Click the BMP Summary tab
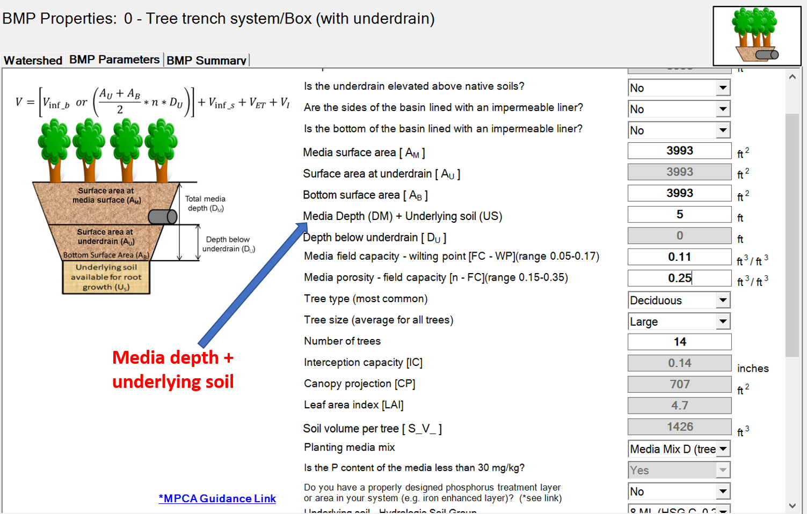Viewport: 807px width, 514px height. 206,60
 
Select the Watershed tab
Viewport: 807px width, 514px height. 33,60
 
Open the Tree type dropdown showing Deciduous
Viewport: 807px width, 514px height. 723,300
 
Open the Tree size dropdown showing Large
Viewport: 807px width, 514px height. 723,321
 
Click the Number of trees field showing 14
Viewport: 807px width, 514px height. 679,342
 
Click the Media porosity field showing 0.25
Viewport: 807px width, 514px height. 679,278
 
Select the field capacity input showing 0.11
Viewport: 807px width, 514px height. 679,257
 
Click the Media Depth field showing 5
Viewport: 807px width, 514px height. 679,215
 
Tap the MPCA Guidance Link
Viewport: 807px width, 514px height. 217,498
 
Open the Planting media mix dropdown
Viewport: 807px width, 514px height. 723,449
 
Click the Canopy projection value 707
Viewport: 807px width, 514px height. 679,384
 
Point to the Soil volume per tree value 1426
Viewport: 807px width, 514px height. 679,427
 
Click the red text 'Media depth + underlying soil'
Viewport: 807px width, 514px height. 173,369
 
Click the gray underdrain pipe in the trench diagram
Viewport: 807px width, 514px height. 162,217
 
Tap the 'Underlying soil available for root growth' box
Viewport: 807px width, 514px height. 106,277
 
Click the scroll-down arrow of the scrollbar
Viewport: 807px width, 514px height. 793,505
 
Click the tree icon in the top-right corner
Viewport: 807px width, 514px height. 756,35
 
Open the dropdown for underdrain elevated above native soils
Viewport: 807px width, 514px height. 723,87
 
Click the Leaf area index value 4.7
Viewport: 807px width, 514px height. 679,406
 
